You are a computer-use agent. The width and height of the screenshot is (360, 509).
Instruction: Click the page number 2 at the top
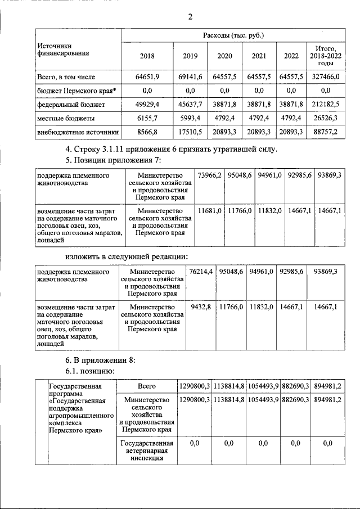[x=190, y=16]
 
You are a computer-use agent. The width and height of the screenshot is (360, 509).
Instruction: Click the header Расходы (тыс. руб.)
[x=233, y=35]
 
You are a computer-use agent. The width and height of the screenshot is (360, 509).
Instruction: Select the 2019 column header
[x=191, y=56]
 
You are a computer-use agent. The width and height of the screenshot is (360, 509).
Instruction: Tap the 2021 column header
[x=260, y=56]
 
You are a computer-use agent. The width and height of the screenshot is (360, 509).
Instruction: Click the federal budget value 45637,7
[x=191, y=105]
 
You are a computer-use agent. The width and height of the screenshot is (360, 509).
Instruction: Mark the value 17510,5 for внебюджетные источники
[x=191, y=133]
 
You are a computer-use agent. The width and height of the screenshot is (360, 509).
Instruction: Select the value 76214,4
[x=201, y=271]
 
